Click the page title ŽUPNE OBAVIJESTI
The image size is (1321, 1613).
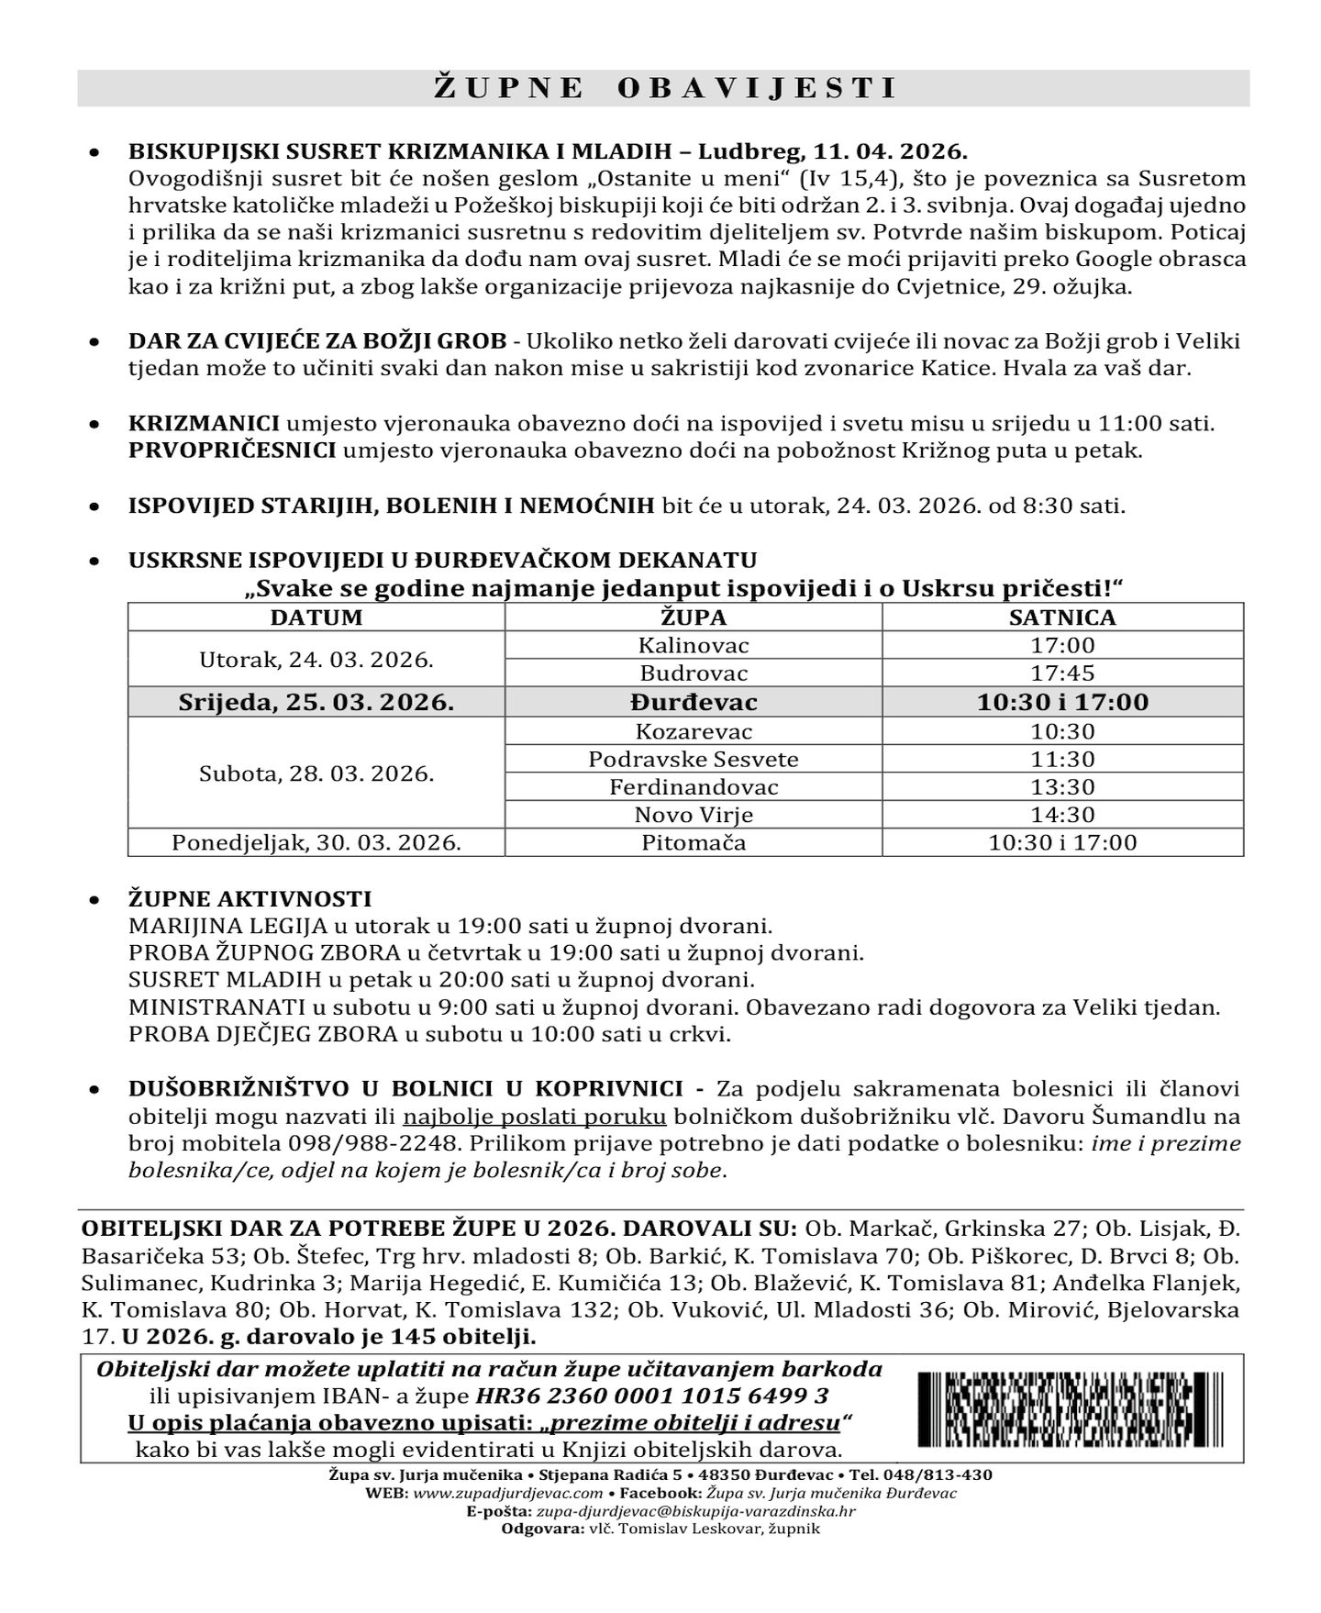[x=663, y=88]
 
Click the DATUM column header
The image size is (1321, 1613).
[x=316, y=617]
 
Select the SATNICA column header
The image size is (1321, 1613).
[x=1062, y=617]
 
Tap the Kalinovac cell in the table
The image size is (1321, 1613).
[x=694, y=645]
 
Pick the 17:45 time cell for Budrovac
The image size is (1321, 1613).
[x=1062, y=673]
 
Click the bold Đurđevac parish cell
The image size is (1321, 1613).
[x=694, y=702]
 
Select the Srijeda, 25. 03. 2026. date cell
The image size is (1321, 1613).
[x=316, y=702]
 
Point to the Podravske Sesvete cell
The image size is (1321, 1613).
[x=694, y=759]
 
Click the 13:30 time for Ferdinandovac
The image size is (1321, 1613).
[x=1062, y=786]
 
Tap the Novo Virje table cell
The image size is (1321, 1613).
[x=694, y=814]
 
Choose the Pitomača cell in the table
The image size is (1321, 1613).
[x=694, y=842]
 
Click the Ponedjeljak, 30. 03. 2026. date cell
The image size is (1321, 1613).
[x=316, y=842]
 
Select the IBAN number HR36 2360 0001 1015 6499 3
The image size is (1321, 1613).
[x=651, y=1396]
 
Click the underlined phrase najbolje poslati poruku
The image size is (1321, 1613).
[x=534, y=1117]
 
